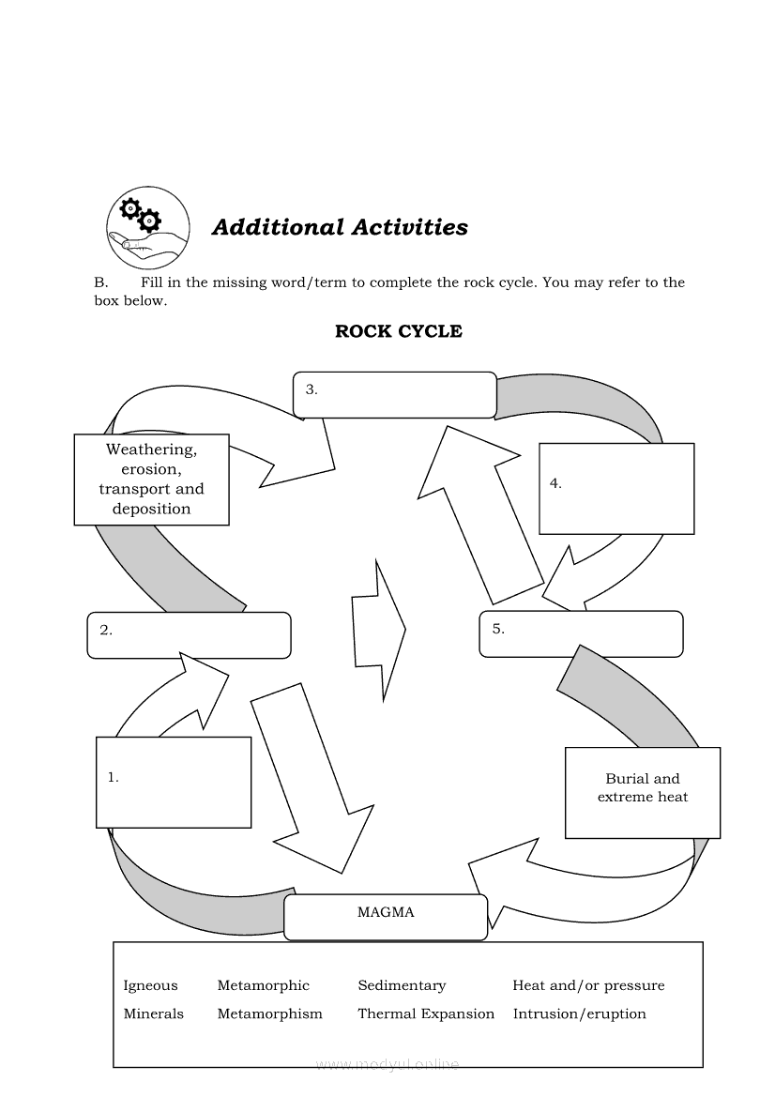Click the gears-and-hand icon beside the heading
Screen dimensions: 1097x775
pyautogui.click(x=147, y=227)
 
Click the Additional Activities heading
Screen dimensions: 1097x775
pyautogui.click(x=340, y=227)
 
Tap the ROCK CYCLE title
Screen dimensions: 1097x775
pyautogui.click(x=399, y=331)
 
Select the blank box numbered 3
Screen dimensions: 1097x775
pyautogui.click(x=395, y=395)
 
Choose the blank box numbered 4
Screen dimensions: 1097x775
pyautogui.click(x=616, y=489)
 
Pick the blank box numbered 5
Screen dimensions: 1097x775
pyautogui.click(x=581, y=634)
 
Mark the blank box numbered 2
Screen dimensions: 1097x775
pyautogui.click(x=189, y=635)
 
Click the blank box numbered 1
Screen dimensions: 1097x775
pyautogui.click(x=174, y=782)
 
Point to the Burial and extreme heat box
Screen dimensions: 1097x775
pyautogui.click(x=643, y=792)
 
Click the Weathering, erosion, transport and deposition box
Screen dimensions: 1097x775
pyautogui.click(x=151, y=480)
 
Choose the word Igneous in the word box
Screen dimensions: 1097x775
pyautogui.click(x=150, y=985)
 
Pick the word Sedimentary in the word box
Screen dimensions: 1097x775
pyautogui.click(x=402, y=985)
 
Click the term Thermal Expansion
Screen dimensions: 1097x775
pyautogui.click(x=426, y=1013)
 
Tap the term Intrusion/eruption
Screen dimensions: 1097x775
pyautogui.click(x=579, y=1013)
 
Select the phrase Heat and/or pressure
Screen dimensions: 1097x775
pyautogui.click(x=588, y=985)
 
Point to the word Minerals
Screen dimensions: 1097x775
pyautogui.click(x=154, y=1013)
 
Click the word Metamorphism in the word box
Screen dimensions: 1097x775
pyautogui.click(x=269, y=1013)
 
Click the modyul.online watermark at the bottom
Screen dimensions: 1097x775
pyautogui.click(x=388, y=1064)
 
